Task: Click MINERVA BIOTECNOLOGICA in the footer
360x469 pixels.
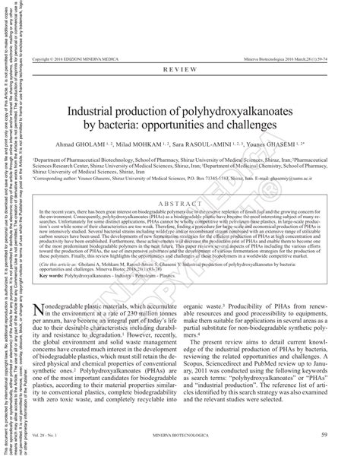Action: [185, 456]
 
